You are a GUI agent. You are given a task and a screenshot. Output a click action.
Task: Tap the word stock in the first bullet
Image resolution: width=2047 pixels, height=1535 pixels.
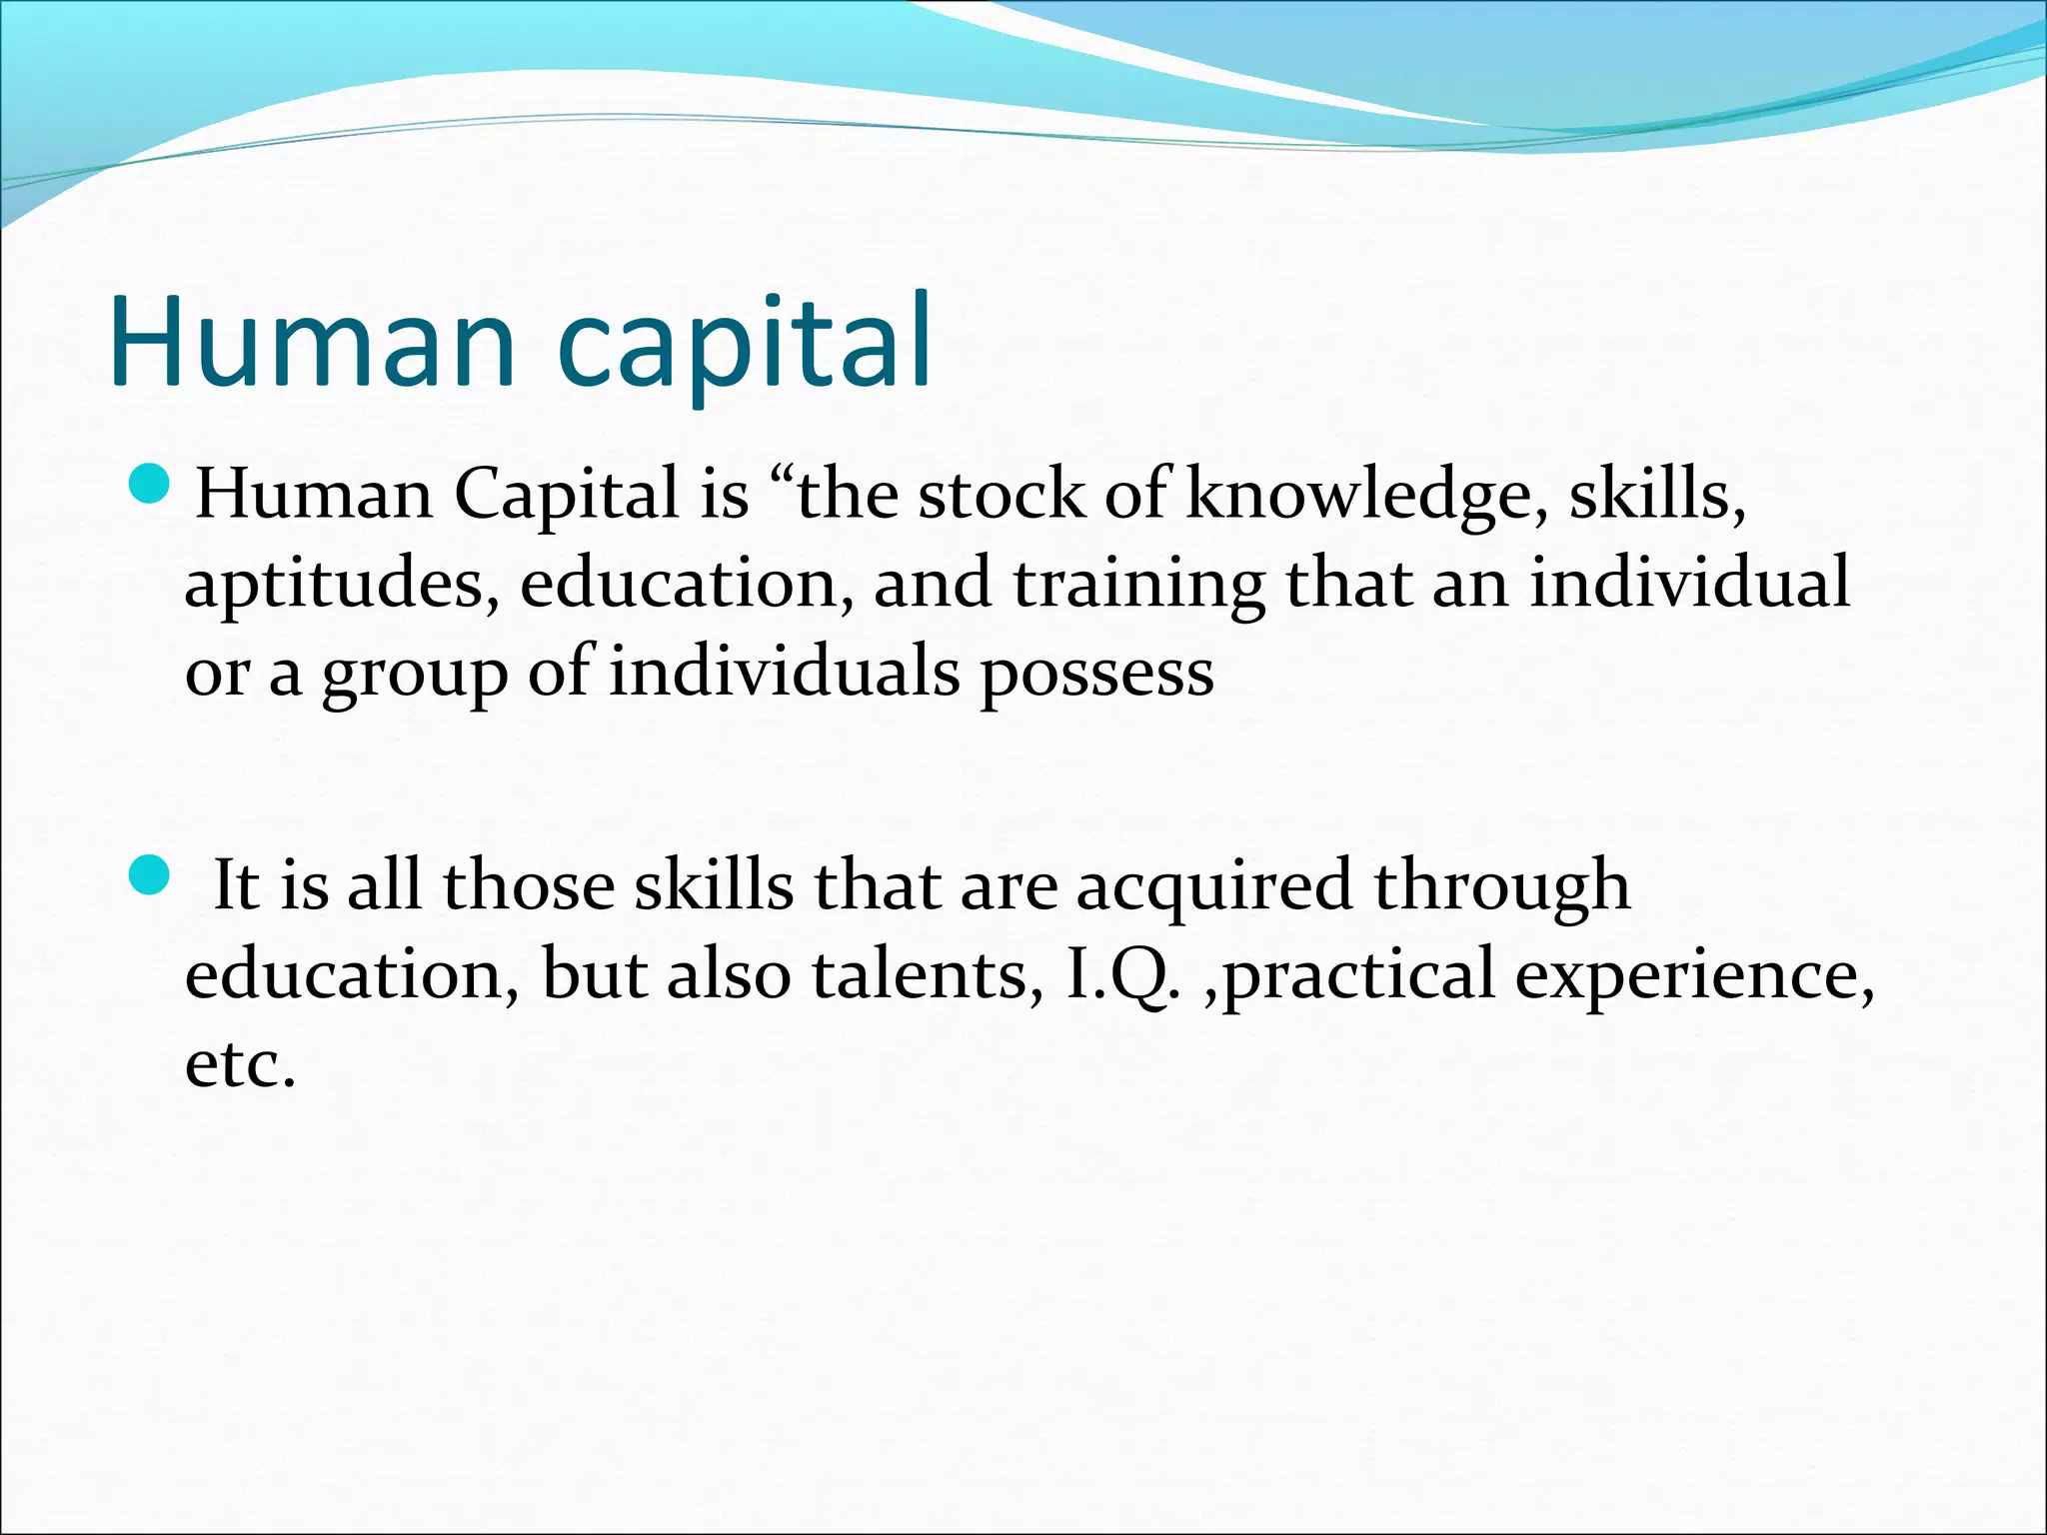pos(1001,495)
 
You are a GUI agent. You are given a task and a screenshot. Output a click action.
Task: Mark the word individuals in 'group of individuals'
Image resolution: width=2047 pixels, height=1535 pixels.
pos(785,673)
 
